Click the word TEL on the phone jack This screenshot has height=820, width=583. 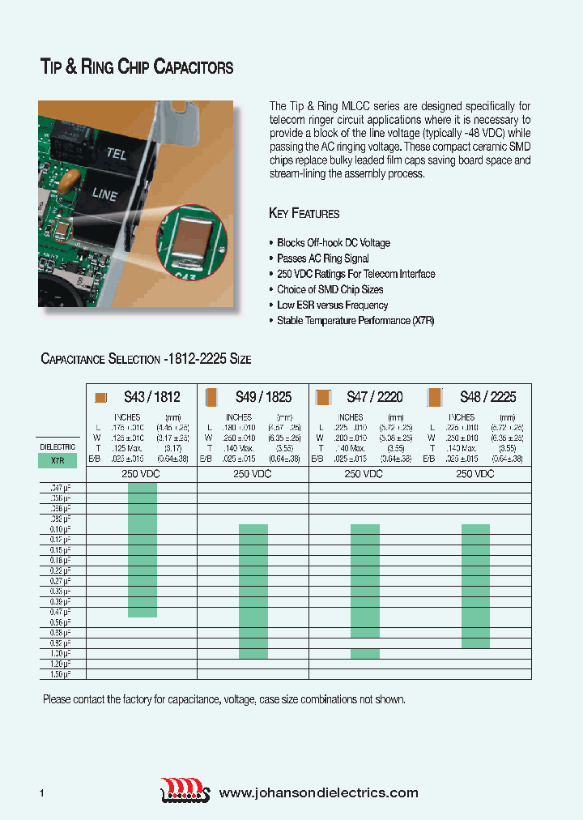[x=116, y=153]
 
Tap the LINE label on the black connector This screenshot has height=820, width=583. [x=104, y=195]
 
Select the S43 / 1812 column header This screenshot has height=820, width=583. [x=151, y=397]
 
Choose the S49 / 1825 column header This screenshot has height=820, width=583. [x=263, y=397]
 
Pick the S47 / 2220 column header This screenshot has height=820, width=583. [x=374, y=397]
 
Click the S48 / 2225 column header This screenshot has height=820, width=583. [x=487, y=397]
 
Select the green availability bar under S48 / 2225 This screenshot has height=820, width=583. [x=475, y=586]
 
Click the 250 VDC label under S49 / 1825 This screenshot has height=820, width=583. [x=253, y=473]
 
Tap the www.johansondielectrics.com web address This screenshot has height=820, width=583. [x=319, y=793]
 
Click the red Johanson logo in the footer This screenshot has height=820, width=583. [x=185, y=790]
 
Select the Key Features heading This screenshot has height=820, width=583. [x=304, y=214]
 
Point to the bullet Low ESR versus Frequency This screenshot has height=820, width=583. [x=332, y=305]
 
